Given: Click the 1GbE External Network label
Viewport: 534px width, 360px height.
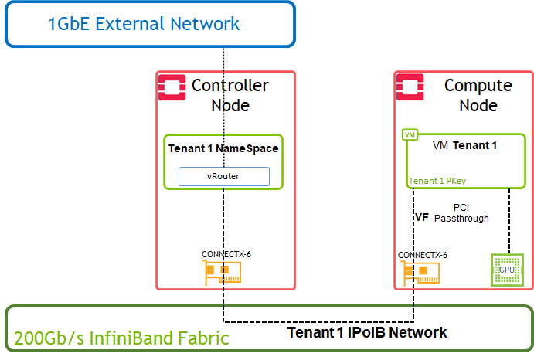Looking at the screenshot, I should (x=144, y=23).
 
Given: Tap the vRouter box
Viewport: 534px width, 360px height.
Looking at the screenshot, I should (x=224, y=176).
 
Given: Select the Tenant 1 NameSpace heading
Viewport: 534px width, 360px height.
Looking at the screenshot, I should (x=223, y=148).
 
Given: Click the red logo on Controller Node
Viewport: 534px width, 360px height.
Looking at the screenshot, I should (x=171, y=88).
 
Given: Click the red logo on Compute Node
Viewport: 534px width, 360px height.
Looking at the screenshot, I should (x=408, y=88).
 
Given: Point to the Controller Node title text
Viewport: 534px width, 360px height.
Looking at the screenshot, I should (x=230, y=95).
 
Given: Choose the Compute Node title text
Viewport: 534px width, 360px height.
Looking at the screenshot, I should (x=478, y=95).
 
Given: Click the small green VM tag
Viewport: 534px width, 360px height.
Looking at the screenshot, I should (x=410, y=134).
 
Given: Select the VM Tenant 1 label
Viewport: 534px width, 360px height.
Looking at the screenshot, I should (x=464, y=145).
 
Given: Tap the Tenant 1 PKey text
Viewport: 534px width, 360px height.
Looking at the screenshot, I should (x=437, y=182).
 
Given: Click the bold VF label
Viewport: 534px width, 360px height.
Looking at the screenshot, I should (x=422, y=218).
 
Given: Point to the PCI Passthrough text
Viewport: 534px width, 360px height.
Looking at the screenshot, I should (x=461, y=213).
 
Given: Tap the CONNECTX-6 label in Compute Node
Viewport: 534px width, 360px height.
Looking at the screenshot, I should (x=423, y=254).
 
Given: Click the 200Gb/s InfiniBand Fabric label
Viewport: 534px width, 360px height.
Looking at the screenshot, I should (x=122, y=338).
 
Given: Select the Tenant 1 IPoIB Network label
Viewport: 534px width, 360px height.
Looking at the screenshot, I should (x=367, y=333).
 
